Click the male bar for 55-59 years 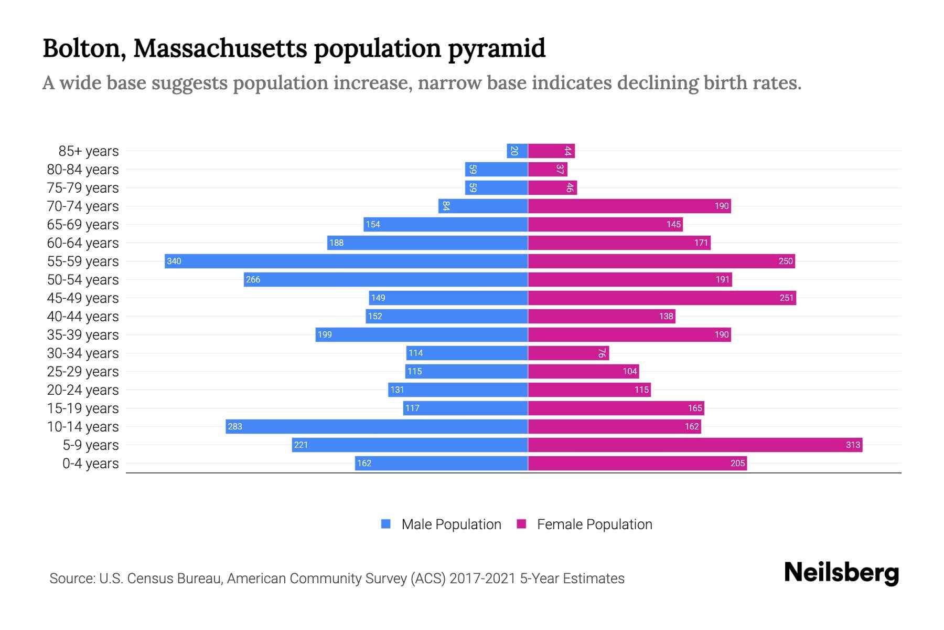click(x=346, y=261)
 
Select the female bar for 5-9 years click(x=695, y=445)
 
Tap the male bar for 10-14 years click(x=377, y=426)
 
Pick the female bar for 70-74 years click(x=629, y=206)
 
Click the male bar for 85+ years click(x=517, y=151)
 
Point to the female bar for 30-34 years click(x=568, y=353)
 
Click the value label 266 click(x=253, y=279)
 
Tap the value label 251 click(x=786, y=298)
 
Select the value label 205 click(x=737, y=463)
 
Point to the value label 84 click(x=445, y=206)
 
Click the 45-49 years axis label click(x=83, y=298)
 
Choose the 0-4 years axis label click(x=90, y=463)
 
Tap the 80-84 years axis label click(x=83, y=169)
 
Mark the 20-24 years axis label click(x=83, y=390)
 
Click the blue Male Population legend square click(x=386, y=524)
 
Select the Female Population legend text click(x=594, y=524)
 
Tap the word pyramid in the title click(x=496, y=48)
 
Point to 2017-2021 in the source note click(x=482, y=578)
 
